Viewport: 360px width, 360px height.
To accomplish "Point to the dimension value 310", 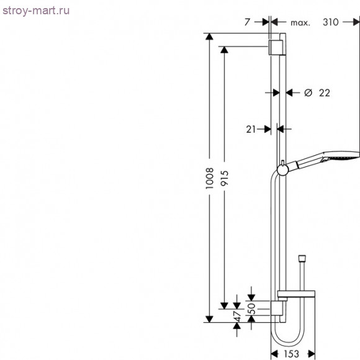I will (330, 22).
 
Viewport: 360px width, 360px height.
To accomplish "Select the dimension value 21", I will (251, 129).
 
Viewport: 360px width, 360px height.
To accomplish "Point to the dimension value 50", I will (251, 307).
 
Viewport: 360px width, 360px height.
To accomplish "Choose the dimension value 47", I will (236, 317).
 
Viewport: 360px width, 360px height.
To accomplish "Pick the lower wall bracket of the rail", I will (277, 309).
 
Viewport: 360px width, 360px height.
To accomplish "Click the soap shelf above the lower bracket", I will (297, 295).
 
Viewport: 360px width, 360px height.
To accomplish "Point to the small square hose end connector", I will (302, 256).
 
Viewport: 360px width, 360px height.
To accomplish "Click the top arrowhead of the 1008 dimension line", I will (210, 37).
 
